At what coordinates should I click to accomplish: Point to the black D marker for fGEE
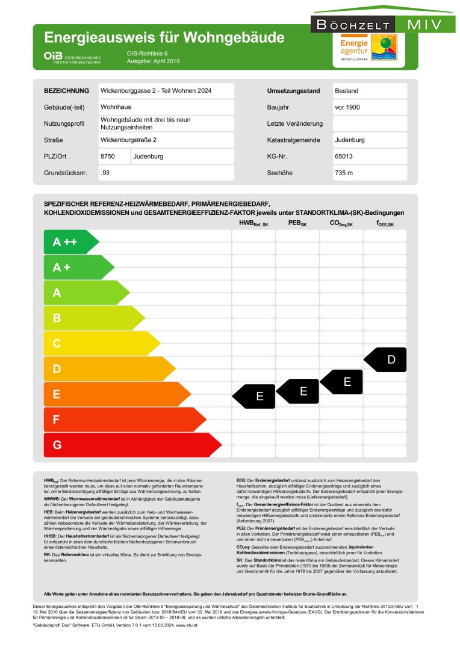point(387,360)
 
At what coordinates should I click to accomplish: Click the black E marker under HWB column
point(255,396)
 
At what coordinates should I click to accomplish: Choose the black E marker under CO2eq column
point(343,382)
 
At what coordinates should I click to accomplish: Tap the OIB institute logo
point(72,57)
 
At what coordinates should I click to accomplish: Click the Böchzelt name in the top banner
point(352,25)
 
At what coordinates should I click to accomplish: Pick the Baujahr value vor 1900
point(370,107)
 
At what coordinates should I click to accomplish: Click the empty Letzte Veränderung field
point(370,124)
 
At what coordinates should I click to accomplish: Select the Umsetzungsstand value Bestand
point(370,91)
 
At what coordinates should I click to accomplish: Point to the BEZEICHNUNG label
point(66,91)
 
